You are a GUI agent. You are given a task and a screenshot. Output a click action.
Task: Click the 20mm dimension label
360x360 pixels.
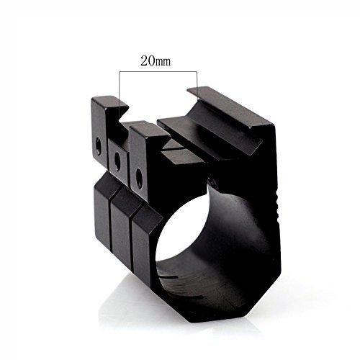(x=156, y=60)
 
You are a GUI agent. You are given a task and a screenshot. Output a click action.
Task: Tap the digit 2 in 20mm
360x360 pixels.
(x=144, y=60)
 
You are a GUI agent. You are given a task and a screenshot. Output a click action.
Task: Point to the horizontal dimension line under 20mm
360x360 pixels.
(x=158, y=71)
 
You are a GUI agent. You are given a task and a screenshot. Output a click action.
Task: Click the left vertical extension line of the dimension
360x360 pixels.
(x=120, y=94)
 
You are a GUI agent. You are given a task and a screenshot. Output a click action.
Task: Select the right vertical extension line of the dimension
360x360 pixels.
(x=197, y=82)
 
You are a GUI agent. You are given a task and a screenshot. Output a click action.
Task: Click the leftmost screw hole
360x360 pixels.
(x=99, y=145)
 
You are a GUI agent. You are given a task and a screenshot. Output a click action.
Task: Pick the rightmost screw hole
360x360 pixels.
(x=139, y=177)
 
